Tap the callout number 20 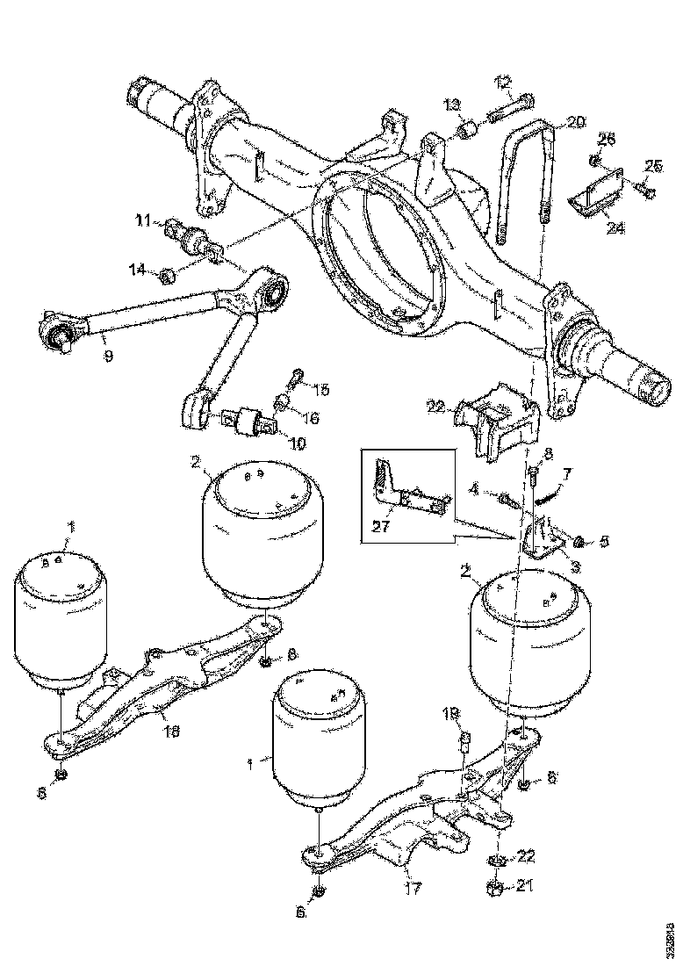point(575,123)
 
